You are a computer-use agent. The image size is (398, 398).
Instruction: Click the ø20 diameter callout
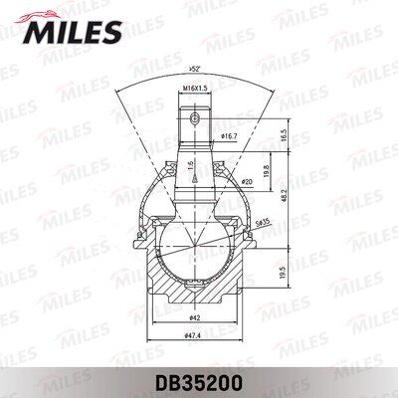click(246, 183)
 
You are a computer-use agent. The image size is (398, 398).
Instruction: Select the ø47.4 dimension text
click(197, 339)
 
